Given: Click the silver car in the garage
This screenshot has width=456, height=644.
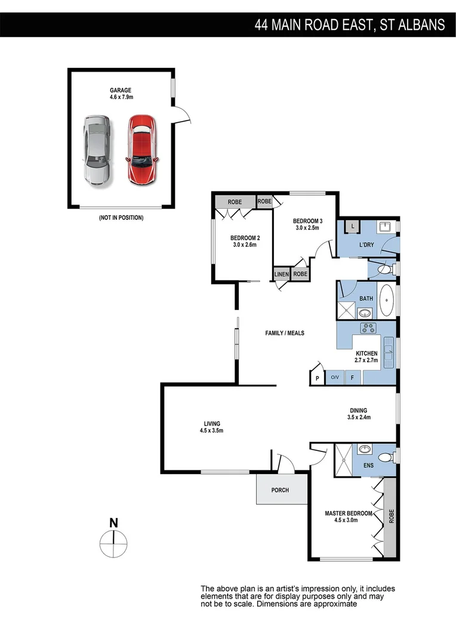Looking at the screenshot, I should click(x=96, y=150).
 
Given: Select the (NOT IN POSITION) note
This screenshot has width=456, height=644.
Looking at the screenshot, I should click(x=121, y=218).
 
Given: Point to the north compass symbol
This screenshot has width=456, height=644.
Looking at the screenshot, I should click(x=113, y=540).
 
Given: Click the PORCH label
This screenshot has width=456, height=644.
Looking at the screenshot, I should click(x=280, y=490).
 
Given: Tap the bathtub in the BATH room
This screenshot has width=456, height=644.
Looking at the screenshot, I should click(x=387, y=300).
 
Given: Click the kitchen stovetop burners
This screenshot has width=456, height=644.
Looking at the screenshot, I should click(x=368, y=328).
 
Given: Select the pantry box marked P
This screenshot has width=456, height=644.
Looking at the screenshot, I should click(x=317, y=377).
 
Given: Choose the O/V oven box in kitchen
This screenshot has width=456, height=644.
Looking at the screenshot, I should click(x=334, y=377).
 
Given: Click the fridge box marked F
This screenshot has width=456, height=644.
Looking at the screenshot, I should click(x=352, y=377).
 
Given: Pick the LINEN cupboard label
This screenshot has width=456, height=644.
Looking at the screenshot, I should click(x=282, y=274).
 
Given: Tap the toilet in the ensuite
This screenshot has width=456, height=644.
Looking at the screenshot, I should click(x=386, y=458).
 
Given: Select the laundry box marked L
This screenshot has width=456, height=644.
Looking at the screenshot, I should click(x=352, y=226).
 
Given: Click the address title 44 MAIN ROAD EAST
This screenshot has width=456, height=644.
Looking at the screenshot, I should click(x=349, y=24).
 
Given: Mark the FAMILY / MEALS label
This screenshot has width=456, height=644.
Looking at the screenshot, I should click(x=285, y=333).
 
